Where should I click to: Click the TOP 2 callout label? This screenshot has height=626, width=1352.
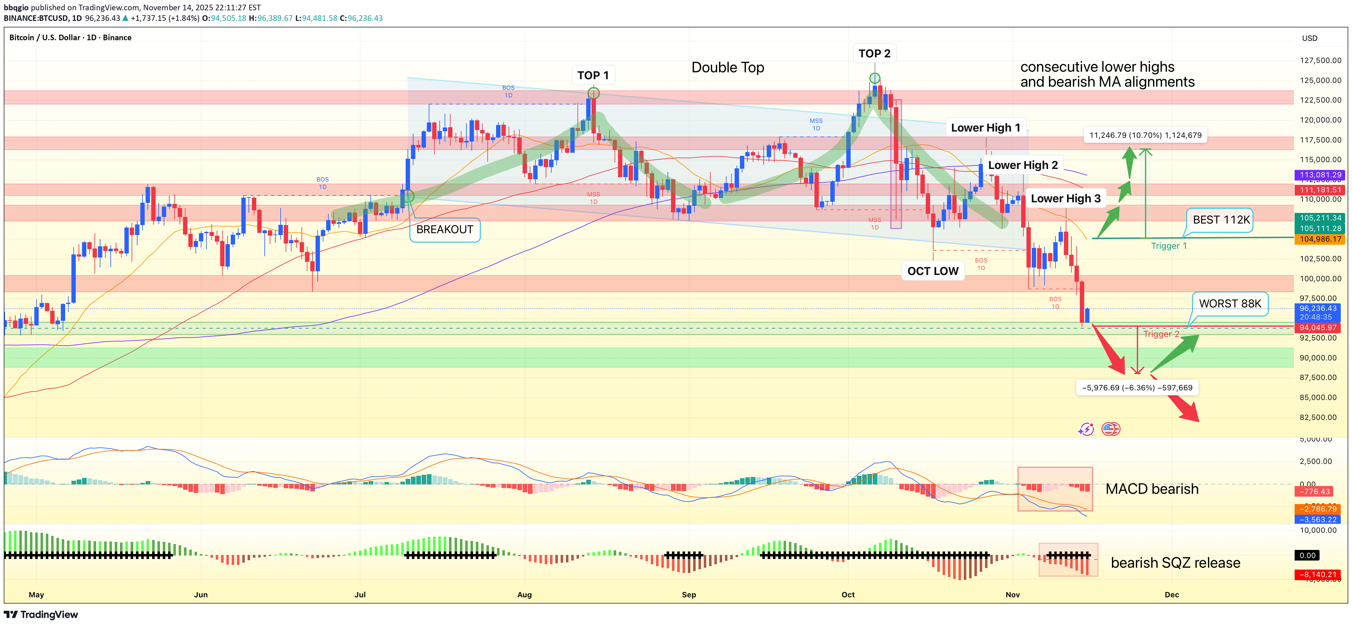coord(874,54)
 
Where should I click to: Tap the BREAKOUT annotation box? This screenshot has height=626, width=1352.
coord(445,230)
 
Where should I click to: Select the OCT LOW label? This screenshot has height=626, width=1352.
coord(933,271)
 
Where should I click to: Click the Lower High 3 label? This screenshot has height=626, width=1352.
coord(1065,198)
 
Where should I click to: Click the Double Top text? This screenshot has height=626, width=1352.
coord(727,68)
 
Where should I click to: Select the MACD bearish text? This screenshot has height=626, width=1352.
coord(1152,489)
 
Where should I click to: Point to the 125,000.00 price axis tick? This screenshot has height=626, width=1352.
coord(1320,80)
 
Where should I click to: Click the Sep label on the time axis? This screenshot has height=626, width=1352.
coord(688,595)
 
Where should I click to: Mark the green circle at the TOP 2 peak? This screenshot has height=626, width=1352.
coord(874,79)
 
